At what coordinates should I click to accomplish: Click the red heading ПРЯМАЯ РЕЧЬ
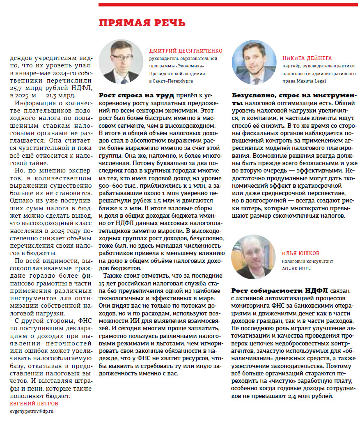[x=142, y=23]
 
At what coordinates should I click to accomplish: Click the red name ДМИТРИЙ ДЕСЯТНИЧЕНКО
[x=186, y=51]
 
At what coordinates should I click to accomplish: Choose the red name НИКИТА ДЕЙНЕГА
[x=307, y=58]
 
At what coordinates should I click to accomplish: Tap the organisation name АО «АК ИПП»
[x=296, y=269]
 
